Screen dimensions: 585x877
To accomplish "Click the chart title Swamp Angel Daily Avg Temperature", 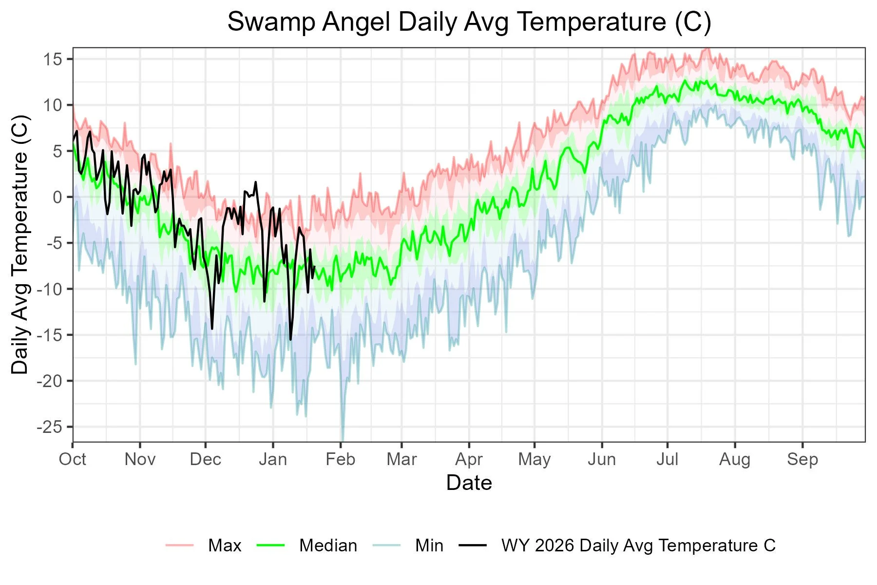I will (469, 22).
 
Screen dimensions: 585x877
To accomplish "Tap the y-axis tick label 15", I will (53, 59).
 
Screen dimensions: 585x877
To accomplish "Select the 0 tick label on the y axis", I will (57, 197).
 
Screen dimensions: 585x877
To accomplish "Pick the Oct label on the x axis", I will (73, 459).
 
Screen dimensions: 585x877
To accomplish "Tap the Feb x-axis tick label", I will (340, 459).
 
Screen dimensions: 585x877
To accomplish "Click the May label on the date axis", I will (534, 459).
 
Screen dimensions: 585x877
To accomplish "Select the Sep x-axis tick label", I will (802, 459).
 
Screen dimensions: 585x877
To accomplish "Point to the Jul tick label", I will (667, 459).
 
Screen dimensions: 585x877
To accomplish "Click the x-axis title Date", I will (469, 483).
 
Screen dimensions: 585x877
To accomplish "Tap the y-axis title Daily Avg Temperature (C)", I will (20, 245).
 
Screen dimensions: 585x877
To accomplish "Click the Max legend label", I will (225, 546).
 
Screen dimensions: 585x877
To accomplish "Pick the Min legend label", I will (429, 546).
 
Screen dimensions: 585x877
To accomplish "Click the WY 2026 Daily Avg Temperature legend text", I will (638, 546).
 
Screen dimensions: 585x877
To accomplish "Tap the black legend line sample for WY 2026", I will (473, 546).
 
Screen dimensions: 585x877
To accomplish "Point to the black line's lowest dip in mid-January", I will (290, 339).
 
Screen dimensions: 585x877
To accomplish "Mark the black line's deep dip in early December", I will (212, 328).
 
